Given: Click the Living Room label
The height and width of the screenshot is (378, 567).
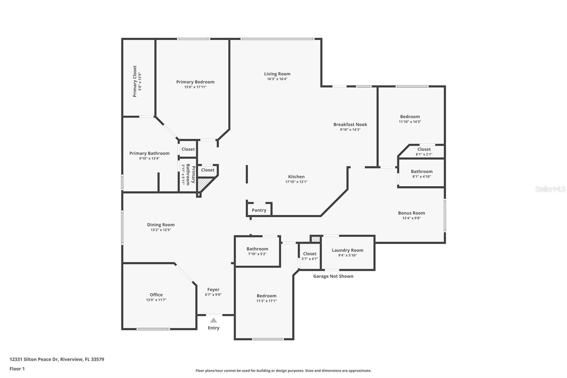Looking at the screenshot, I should click(x=277, y=74).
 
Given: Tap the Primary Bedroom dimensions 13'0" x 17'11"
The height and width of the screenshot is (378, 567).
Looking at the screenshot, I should click(x=195, y=87).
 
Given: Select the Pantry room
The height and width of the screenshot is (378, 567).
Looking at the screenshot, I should click(x=259, y=210).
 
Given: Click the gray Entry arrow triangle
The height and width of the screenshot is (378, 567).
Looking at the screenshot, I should click(x=213, y=320).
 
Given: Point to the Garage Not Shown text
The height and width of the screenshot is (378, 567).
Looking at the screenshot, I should click(x=333, y=276).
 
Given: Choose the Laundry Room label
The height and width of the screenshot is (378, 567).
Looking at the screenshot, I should click(x=347, y=250).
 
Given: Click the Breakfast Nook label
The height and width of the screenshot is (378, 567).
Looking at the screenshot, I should click(x=350, y=124).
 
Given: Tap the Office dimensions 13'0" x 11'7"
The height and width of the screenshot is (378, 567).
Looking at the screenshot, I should click(x=156, y=300).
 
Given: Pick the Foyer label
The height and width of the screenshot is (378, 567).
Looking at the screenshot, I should click(x=213, y=289).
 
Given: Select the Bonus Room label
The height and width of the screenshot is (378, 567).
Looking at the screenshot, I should click(x=411, y=213).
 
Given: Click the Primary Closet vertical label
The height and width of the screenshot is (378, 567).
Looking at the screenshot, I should click(x=135, y=81).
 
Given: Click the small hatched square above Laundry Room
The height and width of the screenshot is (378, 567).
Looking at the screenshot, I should click(x=316, y=239).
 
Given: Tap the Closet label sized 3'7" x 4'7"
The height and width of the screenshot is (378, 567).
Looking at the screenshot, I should click(x=310, y=254).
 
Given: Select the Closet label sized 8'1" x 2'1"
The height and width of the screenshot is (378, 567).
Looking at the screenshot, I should click(x=424, y=149).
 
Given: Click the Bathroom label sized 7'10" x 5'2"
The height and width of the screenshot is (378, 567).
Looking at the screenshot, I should click(x=257, y=249).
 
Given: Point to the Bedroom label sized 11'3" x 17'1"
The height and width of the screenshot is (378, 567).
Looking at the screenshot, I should click(x=266, y=296).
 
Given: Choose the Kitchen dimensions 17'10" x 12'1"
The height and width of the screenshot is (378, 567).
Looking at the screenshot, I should click(x=296, y=182).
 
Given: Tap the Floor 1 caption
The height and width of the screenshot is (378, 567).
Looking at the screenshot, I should click(x=17, y=369).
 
